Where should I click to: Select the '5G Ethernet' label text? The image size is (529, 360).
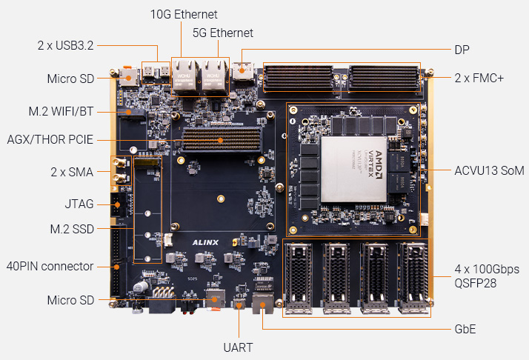point(223,33)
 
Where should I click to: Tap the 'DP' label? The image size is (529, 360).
point(462,50)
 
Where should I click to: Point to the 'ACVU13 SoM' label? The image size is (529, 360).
point(489,170)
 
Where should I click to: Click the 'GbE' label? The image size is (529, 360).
point(465,328)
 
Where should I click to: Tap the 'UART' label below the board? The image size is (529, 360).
point(239,346)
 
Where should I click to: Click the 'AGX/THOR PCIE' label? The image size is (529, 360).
point(50,139)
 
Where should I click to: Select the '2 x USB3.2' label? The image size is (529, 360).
point(68,46)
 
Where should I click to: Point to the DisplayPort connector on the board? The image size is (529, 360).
point(242,72)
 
